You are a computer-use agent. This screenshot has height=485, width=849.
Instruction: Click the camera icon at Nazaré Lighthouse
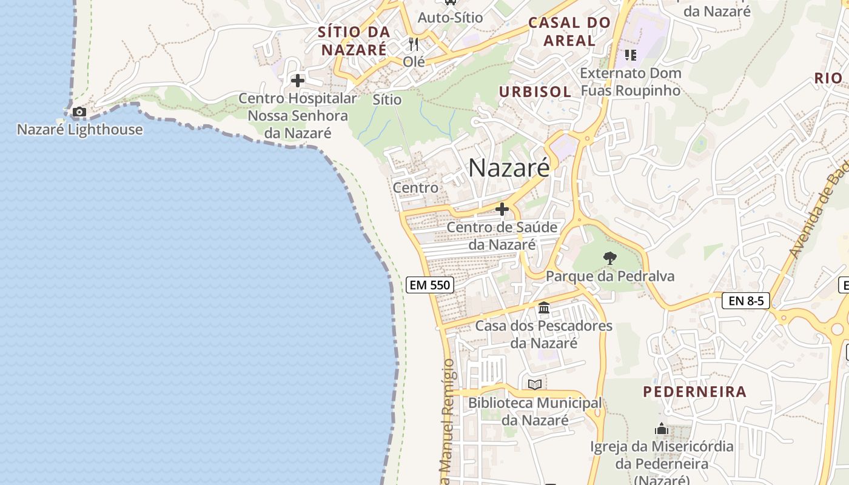tap(79, 112)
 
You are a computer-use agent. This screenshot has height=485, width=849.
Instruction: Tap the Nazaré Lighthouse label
tap(79, 129)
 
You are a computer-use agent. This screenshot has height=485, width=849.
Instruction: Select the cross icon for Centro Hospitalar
tap(297, 80)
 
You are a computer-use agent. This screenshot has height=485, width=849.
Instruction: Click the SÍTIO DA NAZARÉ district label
tap(354, 41)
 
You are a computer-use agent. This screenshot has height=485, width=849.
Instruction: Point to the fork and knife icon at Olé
tap(414, 44)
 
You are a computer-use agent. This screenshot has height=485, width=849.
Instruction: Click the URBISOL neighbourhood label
tap(535, 92)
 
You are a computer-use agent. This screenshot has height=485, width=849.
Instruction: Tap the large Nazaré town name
tap(509, 167)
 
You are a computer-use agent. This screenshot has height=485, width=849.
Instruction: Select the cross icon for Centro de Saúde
tap(502, 210)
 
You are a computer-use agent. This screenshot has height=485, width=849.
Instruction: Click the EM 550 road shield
tap(429, 284)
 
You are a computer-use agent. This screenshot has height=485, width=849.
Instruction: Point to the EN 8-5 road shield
tap(745, 300)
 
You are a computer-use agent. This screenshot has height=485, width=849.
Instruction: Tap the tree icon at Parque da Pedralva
tap(609, 259)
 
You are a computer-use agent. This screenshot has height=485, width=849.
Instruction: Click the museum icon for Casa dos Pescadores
tap(543, 308)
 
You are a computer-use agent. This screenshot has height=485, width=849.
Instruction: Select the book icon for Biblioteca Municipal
tap(534, 384)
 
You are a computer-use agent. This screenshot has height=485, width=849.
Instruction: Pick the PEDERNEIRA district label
tap(694, 392)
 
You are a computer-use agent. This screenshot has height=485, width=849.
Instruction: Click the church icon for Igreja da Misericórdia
tap(662, 429)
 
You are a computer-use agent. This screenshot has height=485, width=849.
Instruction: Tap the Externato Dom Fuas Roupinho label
tap(631, 82)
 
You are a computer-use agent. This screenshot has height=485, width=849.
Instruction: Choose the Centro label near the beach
tap(415, 187)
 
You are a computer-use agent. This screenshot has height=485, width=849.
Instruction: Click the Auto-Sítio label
tap(451, 18)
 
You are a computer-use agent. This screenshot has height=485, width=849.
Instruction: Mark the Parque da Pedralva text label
tap(610, 276)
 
